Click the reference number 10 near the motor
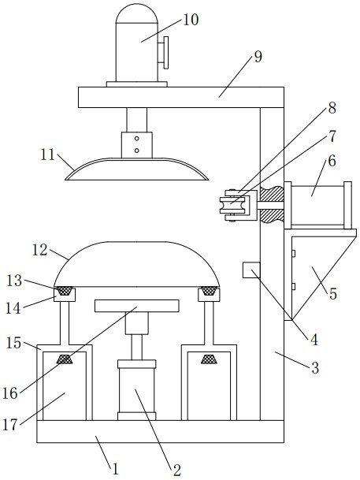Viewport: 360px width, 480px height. (x=191, y=20)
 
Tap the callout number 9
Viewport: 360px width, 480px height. (x=258, y=57)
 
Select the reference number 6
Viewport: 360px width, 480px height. (x=332, y=161)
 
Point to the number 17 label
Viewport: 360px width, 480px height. (x=10, y=425)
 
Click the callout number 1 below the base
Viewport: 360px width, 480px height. (x=115, y=469)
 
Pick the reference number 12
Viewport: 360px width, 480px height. (x=40, y=250)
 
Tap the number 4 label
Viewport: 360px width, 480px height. (x=314, y=340)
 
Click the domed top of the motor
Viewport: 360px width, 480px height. (x=137, y=13)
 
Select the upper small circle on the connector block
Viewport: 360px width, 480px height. (x=137, y=139)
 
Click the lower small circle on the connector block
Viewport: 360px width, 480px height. (x=137, y=151)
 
